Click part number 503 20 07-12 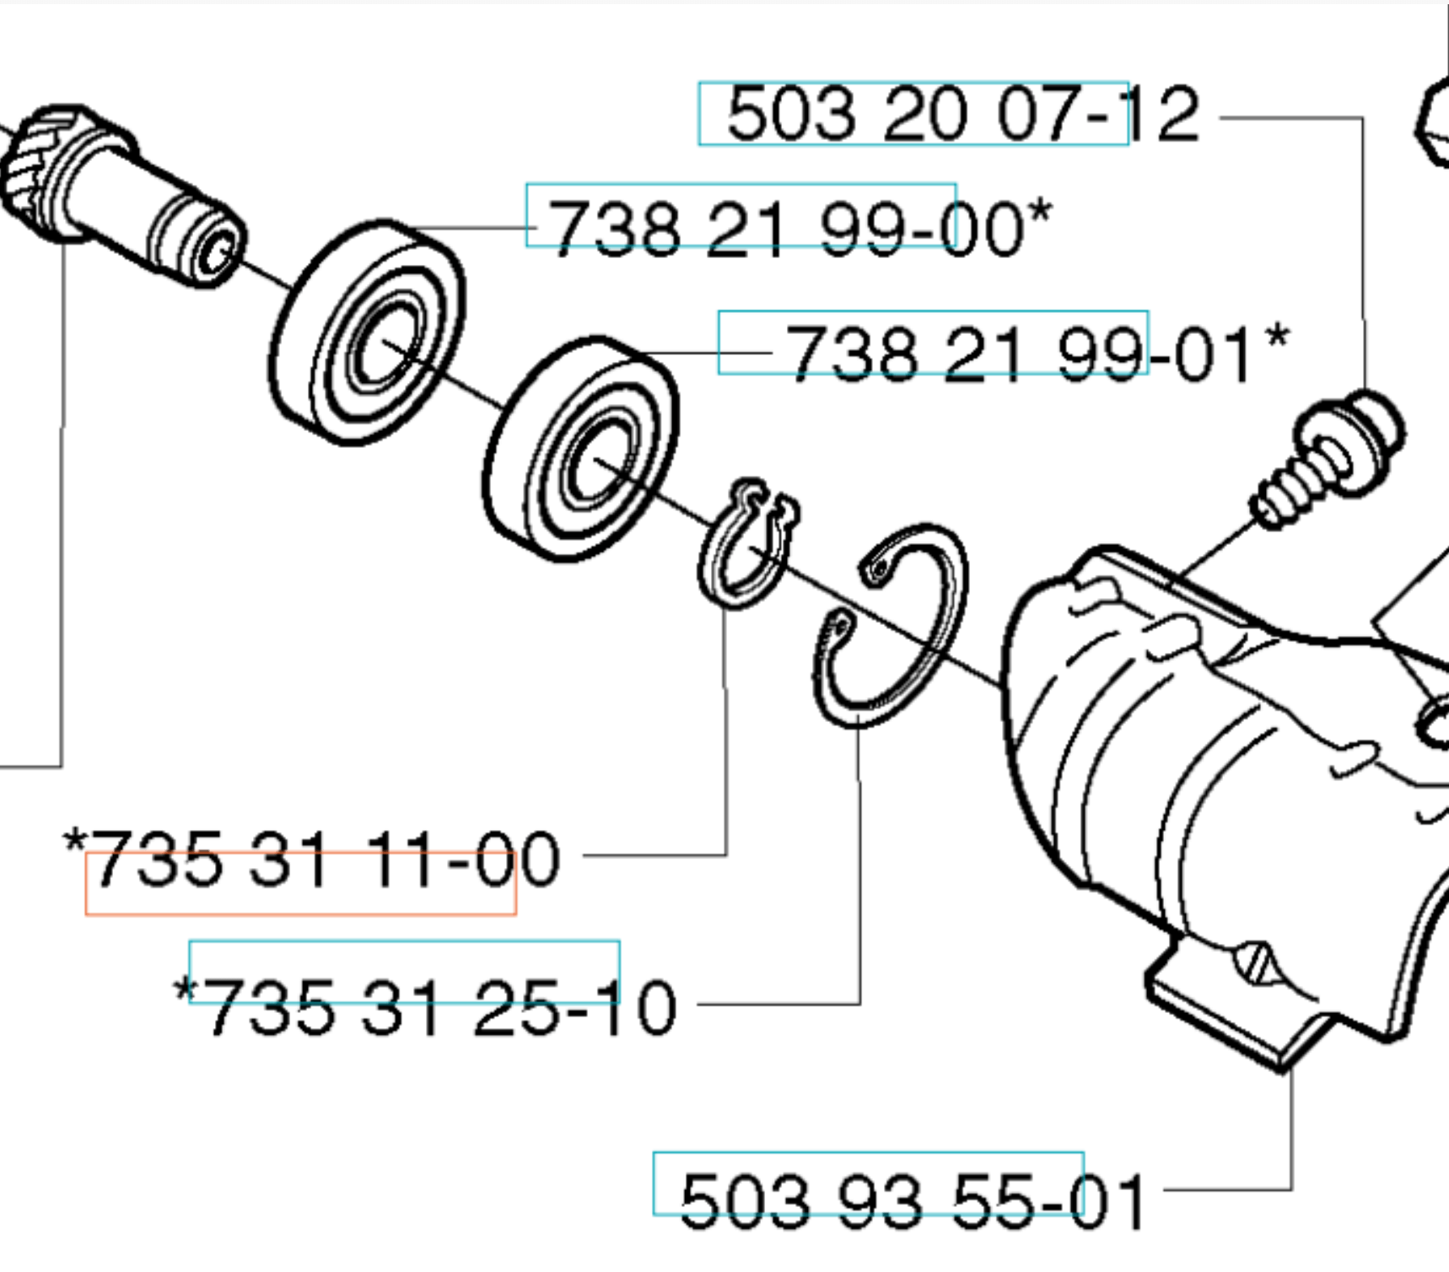click(x=962, y=114)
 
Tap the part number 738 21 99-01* click(x=1037, y=353)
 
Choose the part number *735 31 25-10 click(x=425, y=1005)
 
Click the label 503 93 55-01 click(x=913, y=1199)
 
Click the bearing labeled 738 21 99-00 click(x=367, y=331)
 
